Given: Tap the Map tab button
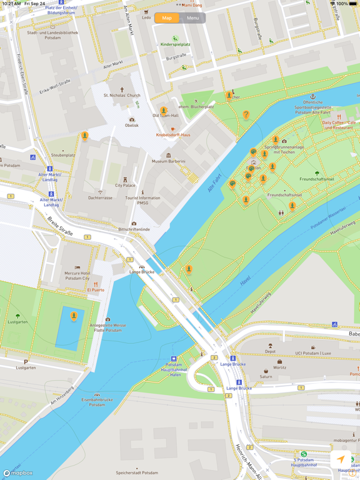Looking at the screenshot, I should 167,18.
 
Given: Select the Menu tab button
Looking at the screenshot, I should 192,18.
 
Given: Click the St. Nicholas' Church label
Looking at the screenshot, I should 122,95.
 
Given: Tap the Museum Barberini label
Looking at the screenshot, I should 169,161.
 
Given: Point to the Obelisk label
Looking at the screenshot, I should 131,125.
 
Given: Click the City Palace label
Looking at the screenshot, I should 125,185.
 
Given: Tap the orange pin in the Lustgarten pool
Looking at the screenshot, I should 74,316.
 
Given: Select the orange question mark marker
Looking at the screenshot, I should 246,115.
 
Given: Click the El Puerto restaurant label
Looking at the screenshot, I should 96,289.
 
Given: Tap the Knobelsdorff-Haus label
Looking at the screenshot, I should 173,134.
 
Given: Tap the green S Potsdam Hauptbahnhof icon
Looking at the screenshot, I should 304,454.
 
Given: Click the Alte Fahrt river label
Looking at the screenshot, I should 214,182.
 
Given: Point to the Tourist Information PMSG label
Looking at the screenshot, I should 142,200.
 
